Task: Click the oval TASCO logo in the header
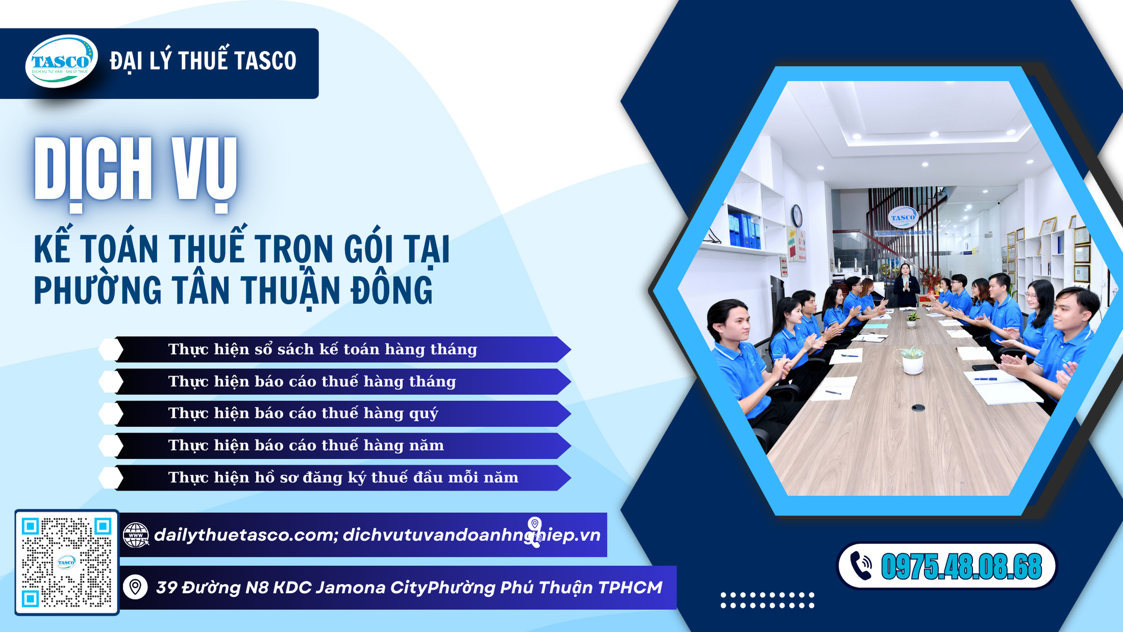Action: tap(61, 61)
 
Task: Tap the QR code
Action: tap(66, 562)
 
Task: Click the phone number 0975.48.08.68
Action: tap(961, 566)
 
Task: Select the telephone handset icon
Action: tap(861, 566)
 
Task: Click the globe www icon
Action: tap(136, 535)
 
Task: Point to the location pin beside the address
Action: tap(135, 587)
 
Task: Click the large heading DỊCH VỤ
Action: tap(136, 171)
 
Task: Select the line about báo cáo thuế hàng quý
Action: tap(303, 413)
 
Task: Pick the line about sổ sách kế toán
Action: tap(323, 349)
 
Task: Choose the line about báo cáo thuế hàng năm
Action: tap(306, 446)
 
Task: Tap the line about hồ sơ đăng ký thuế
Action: tap(343, 478)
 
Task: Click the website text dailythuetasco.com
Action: tap(244, 535)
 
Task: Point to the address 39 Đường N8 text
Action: tap(408, 588)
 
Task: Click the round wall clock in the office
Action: tap(796, 215)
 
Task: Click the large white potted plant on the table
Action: tap(912, 360)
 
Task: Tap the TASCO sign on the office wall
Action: tap(902, 218)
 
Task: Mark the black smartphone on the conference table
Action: tap(985, 367)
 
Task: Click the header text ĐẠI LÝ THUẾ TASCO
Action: tap(203, 61)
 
